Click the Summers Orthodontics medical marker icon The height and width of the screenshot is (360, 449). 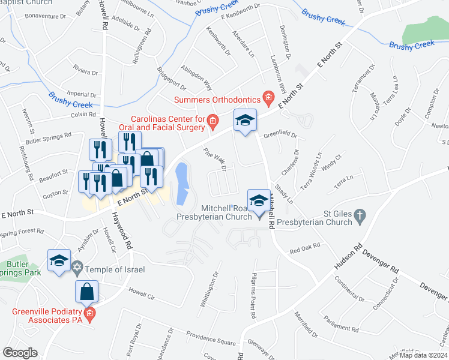click(268, 98)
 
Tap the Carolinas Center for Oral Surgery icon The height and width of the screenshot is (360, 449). click(212, 122)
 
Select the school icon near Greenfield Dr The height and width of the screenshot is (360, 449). click(245, 120)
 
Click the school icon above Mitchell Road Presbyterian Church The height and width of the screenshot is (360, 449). click(259, 200)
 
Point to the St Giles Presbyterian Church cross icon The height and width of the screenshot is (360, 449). click(360, 215)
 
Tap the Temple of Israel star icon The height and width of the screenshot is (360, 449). click(76, 266)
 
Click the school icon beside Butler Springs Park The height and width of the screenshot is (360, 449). click(59, 261)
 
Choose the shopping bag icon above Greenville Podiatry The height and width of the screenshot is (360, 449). click(86, 292)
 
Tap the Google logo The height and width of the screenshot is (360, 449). click(20, 353)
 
